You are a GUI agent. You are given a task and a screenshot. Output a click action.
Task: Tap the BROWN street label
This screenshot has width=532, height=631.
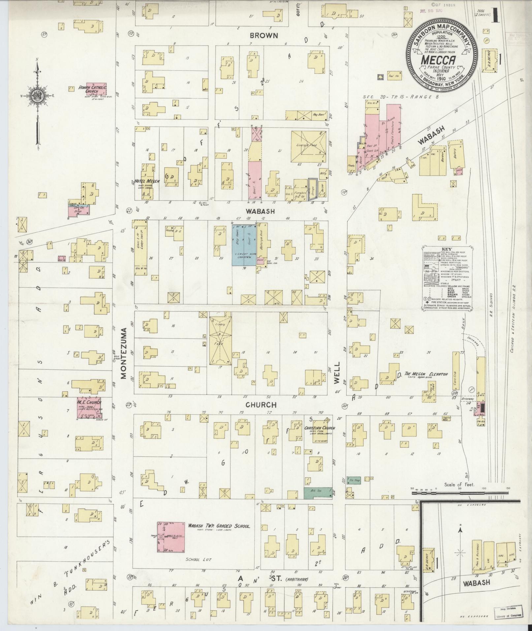(264, 35)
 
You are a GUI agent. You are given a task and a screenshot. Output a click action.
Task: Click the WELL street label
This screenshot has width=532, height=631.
(337, 376)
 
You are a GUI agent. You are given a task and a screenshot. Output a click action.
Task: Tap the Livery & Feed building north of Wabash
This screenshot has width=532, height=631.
(309, 146)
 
